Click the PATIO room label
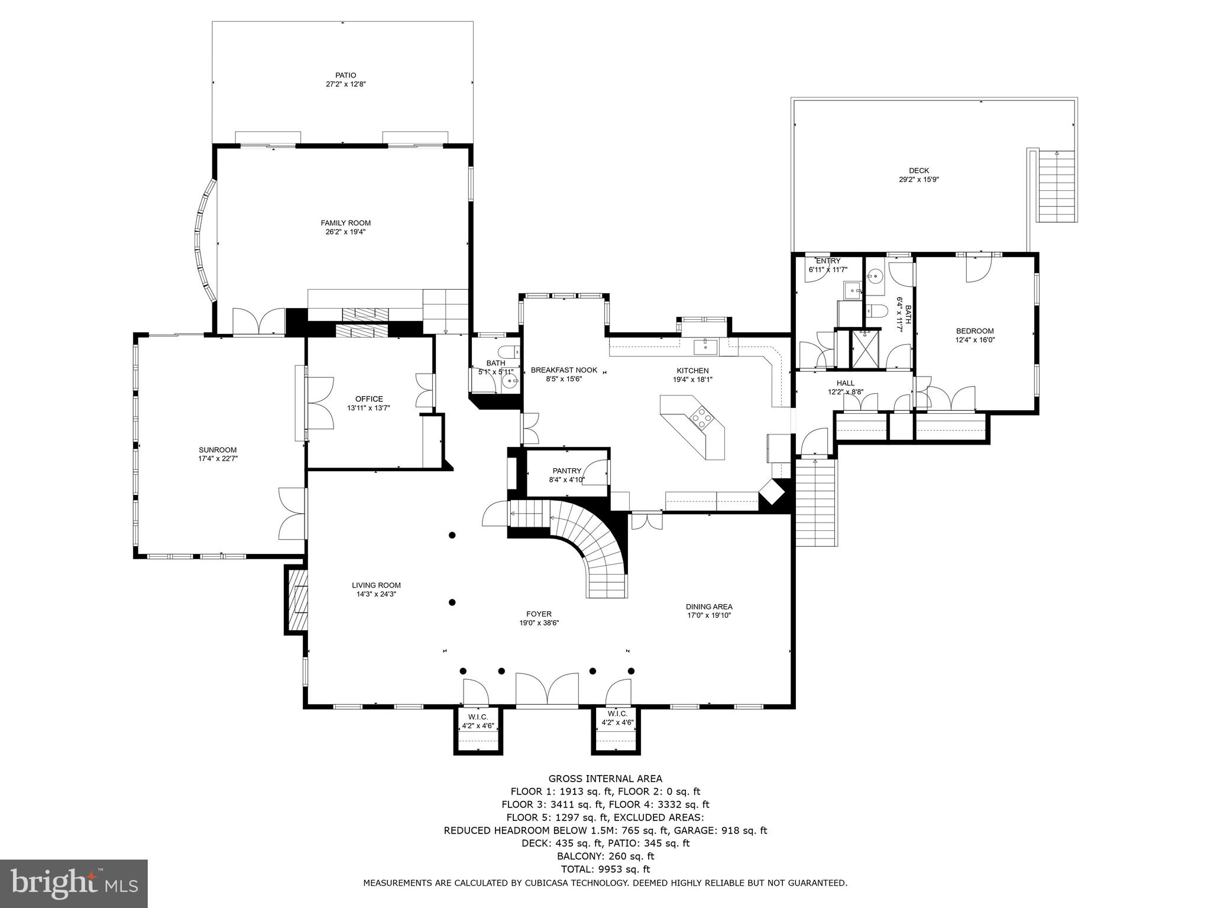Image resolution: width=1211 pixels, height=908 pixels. tap(345, 75)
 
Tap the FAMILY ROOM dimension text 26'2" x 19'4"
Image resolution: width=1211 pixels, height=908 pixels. tap(345, 232)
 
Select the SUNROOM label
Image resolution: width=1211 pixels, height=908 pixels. tap(218, 450)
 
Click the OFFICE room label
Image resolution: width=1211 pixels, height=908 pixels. tap(369, 399)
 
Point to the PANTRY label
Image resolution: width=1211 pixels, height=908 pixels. tap(567, 471)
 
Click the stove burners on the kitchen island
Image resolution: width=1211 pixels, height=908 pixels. tap(702, 417)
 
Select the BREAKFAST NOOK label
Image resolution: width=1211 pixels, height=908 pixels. tap(564, 370)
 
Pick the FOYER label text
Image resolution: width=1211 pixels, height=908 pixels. tap(539, 614)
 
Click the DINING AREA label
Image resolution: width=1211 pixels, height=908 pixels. tap(709, 607)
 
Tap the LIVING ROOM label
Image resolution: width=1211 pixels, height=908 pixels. tap(376, 585)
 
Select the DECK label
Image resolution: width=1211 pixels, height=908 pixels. tap(919, 171)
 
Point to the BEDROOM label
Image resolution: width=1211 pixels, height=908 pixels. tap(974, 331)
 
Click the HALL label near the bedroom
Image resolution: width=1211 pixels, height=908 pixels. tap(845, 383)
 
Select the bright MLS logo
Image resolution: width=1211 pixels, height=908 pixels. tap(73, 884)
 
